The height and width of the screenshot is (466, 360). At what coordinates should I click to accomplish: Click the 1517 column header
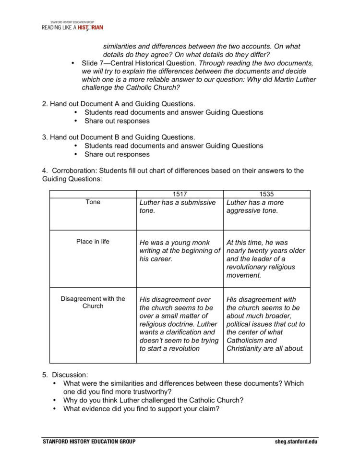pyautogui.click(x=180, y=194)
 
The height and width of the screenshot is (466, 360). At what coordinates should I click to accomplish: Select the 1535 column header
pyautogui.click(x=266, y=194)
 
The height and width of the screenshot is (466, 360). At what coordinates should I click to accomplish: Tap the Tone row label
pyautogui.click(x=93, y=202)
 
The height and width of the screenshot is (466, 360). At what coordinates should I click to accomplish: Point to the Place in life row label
pyautogui.click(x=93, y=242)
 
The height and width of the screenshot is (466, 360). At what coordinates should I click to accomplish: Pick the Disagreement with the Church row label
pyautogui.click(x=93, y=302)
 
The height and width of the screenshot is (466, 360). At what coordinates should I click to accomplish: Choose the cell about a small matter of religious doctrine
pyautogui.click(x=179, y=324)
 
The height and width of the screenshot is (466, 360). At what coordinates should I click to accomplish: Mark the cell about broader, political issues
pyautogui.click(x=265, y=324)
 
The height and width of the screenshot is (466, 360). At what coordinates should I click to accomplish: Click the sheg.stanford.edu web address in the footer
pyautogui.click(x=296, y=441)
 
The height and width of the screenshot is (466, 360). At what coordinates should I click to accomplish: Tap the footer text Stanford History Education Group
pyautogui.click(x=89, y=441)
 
